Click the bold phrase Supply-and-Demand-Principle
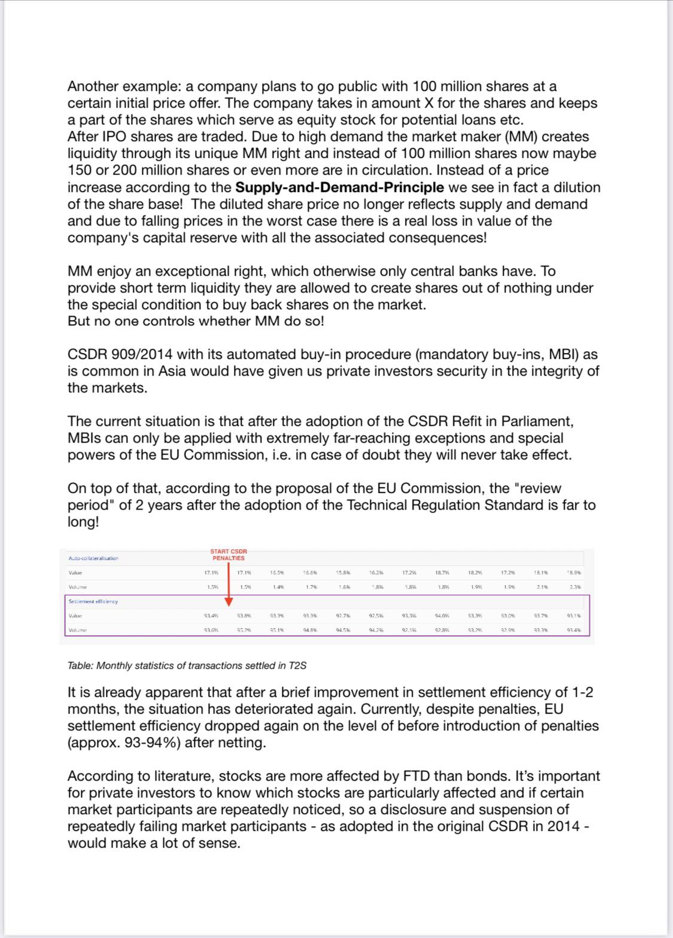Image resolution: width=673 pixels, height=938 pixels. tap(339, 187)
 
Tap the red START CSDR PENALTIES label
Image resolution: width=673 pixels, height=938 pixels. tap(229, 555)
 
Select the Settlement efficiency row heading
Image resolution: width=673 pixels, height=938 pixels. tap(93, 601)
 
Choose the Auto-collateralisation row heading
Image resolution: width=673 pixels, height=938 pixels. tap(93, 558)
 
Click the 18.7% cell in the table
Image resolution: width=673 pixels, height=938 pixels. tap(443, 573)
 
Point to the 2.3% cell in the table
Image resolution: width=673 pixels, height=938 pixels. tap(574, 587)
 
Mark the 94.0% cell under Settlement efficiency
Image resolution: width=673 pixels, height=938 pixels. tap(443, 616)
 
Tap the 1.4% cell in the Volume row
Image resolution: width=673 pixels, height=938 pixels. tap(278, 587)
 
